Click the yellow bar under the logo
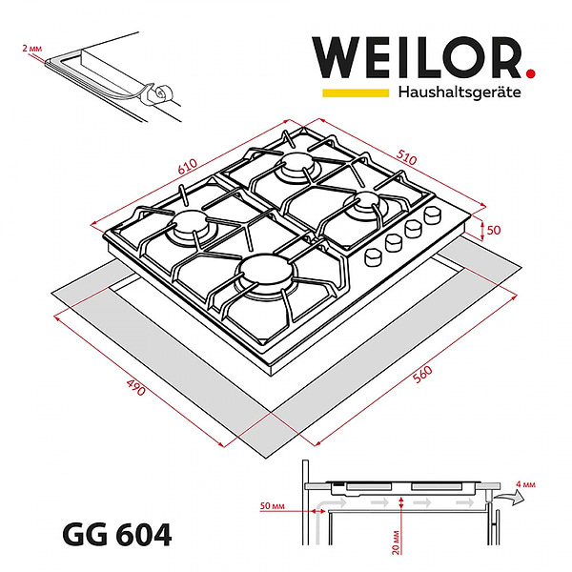pos(354,93)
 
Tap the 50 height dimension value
pos(493,230)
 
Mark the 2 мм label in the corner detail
pos(31,47)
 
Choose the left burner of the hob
pos(191,229)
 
